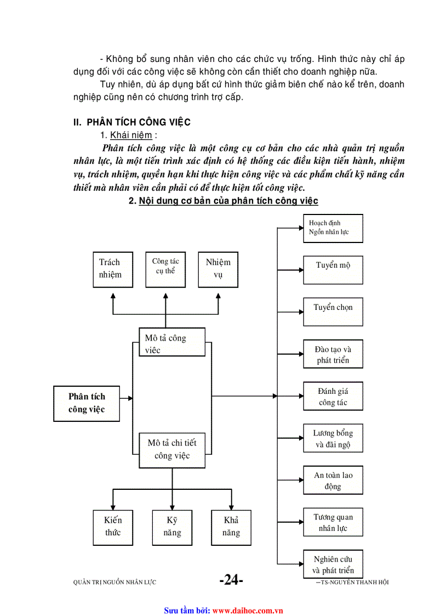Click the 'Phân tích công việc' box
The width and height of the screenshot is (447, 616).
87,403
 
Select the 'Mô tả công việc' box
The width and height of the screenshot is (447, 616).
172,342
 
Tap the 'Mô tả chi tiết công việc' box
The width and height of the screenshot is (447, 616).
172,449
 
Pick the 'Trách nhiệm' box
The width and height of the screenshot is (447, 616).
113,269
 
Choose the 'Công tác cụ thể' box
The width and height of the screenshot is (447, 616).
165,269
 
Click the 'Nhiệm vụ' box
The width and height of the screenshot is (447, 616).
218,269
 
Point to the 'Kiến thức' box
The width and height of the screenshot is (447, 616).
113,527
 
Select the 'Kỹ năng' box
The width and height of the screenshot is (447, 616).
172,527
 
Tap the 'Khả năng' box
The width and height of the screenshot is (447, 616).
231,527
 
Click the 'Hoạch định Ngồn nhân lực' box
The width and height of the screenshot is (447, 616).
333,228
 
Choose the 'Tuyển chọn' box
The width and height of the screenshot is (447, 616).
333,312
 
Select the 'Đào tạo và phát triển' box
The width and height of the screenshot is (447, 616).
333,354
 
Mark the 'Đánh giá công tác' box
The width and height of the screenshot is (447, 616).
333,396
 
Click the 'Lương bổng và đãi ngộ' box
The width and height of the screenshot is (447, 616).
333,438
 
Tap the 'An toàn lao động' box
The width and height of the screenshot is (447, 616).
333,480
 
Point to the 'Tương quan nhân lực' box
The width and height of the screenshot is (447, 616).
333,522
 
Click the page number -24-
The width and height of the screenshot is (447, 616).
231,580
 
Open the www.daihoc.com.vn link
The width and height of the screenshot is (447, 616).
247,610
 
